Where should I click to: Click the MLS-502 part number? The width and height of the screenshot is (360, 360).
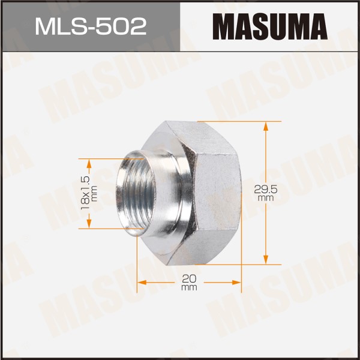[91, 26]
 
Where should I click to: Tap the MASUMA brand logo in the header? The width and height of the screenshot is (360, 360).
[270, 26]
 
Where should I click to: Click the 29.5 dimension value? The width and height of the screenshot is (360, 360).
[266, 190]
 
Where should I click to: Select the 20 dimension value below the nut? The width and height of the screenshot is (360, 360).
[189, 279]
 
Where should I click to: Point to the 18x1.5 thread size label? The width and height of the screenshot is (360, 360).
[85, 193]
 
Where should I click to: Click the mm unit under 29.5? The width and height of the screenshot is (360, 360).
[266, 199]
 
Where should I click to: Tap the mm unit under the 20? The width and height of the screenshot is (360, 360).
[189, 287]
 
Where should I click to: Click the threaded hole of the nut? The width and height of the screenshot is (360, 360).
[137, 193]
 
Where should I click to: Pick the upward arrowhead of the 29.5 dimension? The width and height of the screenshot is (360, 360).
[266, 126]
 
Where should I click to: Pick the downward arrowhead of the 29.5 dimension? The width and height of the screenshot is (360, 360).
[266, 260]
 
